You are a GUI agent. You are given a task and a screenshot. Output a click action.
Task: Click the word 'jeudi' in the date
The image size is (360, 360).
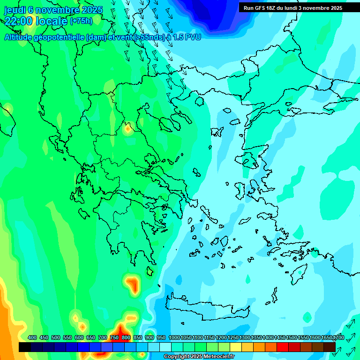coord(15,9)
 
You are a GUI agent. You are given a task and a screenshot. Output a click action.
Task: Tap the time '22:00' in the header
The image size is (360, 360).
coord(19,21)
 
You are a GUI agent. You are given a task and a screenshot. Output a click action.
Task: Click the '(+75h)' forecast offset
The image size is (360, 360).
coord(81,21)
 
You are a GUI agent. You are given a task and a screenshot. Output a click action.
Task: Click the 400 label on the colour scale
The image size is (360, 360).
coord(32,337)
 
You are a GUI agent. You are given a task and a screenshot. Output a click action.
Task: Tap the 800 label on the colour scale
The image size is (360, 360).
coord(126,337)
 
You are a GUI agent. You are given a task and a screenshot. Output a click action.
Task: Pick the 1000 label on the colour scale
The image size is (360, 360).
coord(174,337)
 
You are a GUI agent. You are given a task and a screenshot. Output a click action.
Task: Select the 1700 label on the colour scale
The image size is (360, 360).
coord(338,337)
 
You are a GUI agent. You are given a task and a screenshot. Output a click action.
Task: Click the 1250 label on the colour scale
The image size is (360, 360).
coord(232,337)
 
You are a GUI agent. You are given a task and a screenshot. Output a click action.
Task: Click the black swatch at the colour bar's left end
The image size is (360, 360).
coord(25,347)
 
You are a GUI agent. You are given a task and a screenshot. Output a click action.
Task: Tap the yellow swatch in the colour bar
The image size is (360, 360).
coord(236,347)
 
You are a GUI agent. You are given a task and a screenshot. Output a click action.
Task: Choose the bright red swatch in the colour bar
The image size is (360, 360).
coord(283,347)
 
